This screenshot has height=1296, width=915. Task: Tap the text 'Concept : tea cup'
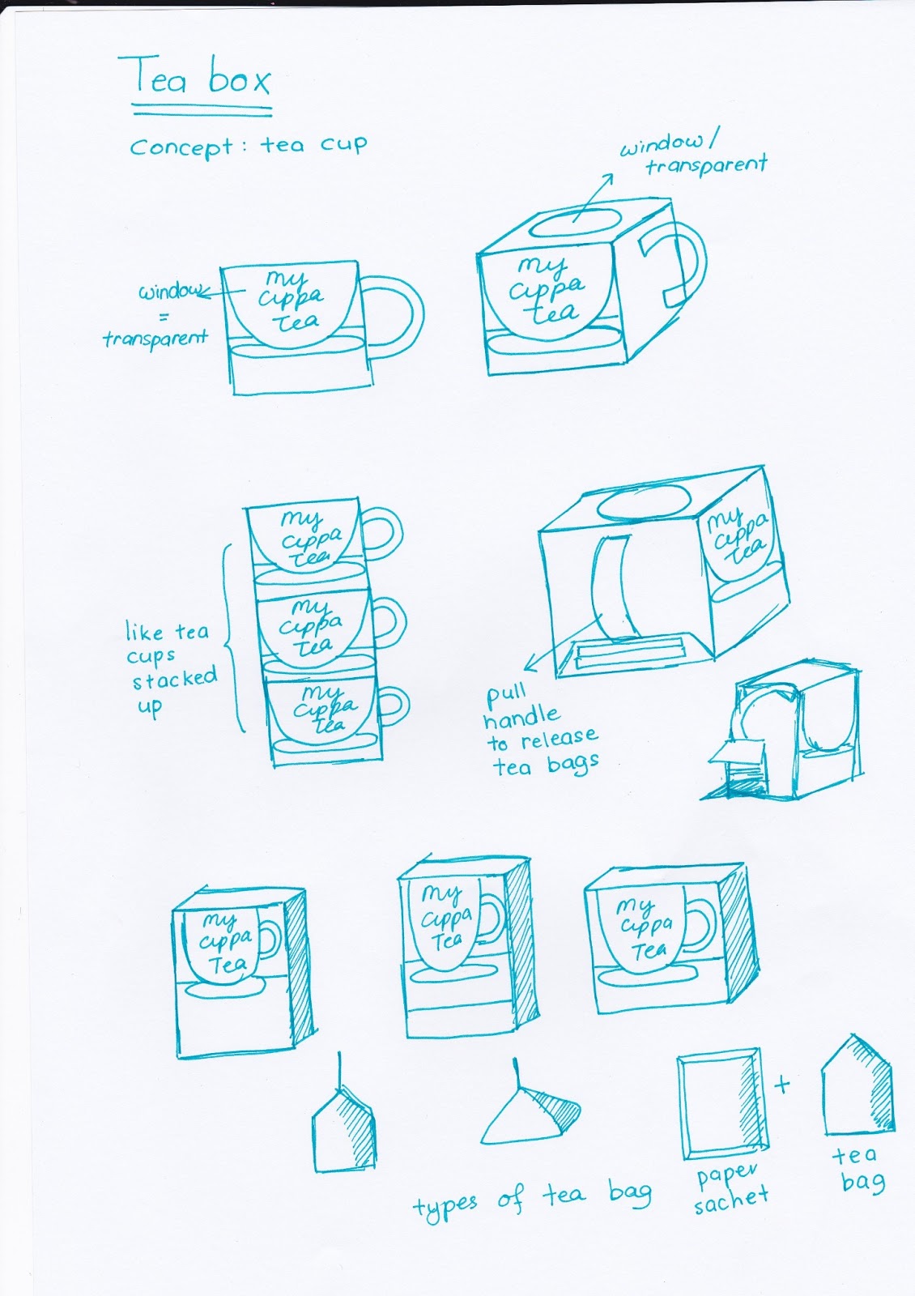(x=248, y=147)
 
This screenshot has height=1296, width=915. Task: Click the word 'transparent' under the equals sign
(x=155, y=338)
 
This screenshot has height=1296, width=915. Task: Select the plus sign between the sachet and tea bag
(x=781, y=1084)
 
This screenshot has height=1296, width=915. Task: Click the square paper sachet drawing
(x=721, y=1104)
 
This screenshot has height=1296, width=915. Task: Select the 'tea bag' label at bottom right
(x=858, y=1169)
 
